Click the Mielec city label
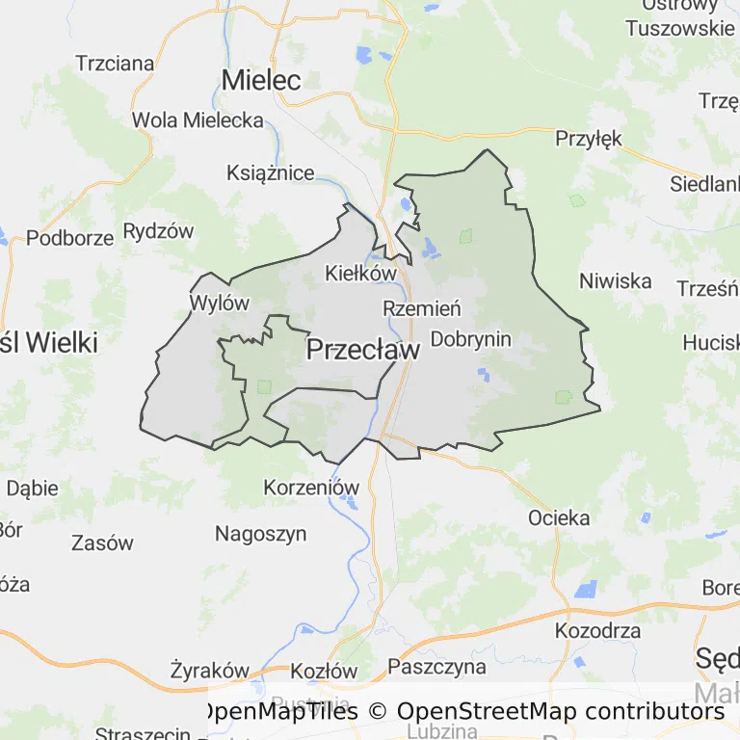coord(261,80)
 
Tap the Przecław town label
coord(363,351)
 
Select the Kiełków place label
coord(361,273)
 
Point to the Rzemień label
coord(422,309)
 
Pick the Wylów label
coord(220,303)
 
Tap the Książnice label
coord(270,173)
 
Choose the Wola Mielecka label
coord(198,120)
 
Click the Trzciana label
coord(115,64)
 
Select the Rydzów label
coord(158,231)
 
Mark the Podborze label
coord(69,238)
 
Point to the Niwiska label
coord(615,281)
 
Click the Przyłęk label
coord(589,139)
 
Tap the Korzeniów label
coord(311,488)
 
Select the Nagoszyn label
coord(260,534)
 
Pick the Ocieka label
coord(559,518)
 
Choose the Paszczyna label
coord(437,666)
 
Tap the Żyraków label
coord(209,671)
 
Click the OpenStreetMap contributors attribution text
coord(560,711)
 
